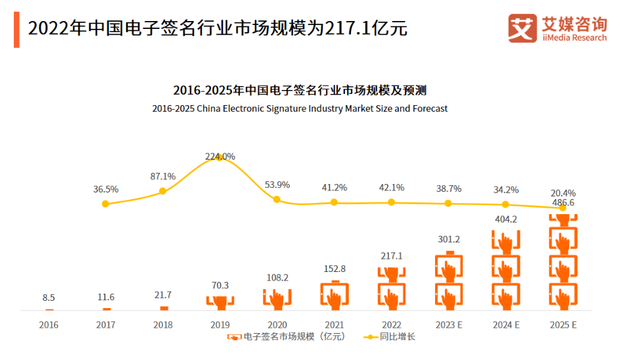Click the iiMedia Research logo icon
[x=523, y=28]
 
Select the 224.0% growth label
[x=220, y=156]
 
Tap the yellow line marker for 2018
[x=162, y=191]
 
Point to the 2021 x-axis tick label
[x=334, y=325]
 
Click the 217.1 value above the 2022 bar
[x=391, y=256]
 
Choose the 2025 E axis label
[x=563, y=325]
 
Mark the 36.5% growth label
[x=105, y=189]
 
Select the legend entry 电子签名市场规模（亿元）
[x=287, y=337]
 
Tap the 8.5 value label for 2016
[x=49, y=297]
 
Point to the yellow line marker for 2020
[x=277, y=200]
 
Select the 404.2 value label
[x=505, y=219]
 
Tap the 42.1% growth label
[x=391, y=187]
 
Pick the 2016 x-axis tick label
[x=49, y=325]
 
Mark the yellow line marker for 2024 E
[x=505, y=205]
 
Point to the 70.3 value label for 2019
[x=220, y=286]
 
